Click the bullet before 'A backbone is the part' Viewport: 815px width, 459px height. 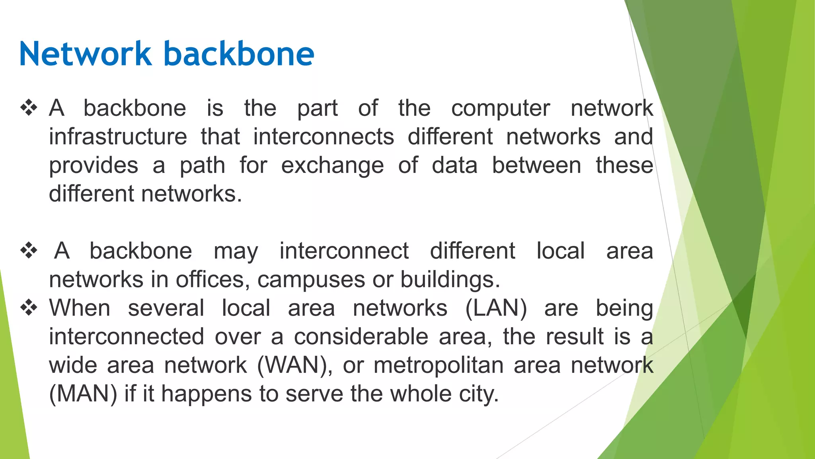pyautogui.click(x=29, y=108)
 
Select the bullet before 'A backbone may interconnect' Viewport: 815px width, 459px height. pyautogui.click(x=29, y=251)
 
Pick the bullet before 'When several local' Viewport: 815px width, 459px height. pyautogui.click(x=29, y=308)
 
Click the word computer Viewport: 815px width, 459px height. pyautogui.click(x=501, y=109)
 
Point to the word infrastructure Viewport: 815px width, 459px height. pyautogui.click(x=118, y=137)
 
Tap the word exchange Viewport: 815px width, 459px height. pyautogui.click(x=332, y=166)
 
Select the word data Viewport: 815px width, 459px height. pyautogui.click(x=454, y=165)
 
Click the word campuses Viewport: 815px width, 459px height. pyautogui.click(x=311, y=280)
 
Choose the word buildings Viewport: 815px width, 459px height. pyautogui.click(x=450, y=280)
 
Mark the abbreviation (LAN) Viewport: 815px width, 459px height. pyautogui.click(x=496, y=308)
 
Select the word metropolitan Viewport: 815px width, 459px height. pyautogui.click(x=439, y=365)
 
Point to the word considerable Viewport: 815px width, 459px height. pyautogui.click(x=361, y=337)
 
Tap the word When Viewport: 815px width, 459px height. pyautogui.click(x=80, y=308)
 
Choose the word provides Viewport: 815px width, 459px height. pyautogui.click(x=94, y=166)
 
